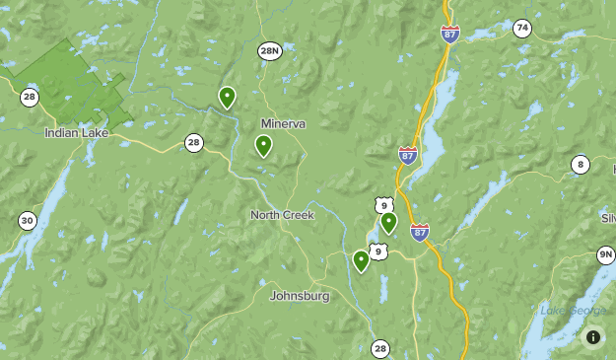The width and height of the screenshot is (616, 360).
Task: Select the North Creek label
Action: [282, 214]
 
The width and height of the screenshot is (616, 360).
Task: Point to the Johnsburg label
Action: [299, 295]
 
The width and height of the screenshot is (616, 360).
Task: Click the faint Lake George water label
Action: [573, 311]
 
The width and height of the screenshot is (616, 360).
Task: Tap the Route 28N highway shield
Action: [270, 50]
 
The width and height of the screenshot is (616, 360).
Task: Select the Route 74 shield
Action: [521, 28]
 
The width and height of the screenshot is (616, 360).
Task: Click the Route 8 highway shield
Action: [581, 165]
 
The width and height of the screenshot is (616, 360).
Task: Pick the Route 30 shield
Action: [27, 221]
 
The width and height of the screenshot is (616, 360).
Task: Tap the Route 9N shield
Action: [605, 254]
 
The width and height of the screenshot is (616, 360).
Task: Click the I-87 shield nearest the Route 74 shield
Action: [450, 34]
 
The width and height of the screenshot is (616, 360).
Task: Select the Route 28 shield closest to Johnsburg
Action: [380, 348]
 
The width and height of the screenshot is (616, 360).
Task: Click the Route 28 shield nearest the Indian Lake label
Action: [29, 96]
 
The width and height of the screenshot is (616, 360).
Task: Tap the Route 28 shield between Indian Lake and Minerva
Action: [194, 144]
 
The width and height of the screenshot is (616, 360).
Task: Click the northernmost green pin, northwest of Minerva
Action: [227, 97]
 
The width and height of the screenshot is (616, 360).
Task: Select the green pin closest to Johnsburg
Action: [361, 260]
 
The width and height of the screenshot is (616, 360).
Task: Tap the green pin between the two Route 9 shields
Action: [388, 222]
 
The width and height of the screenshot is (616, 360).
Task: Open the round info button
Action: [592, 336]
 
